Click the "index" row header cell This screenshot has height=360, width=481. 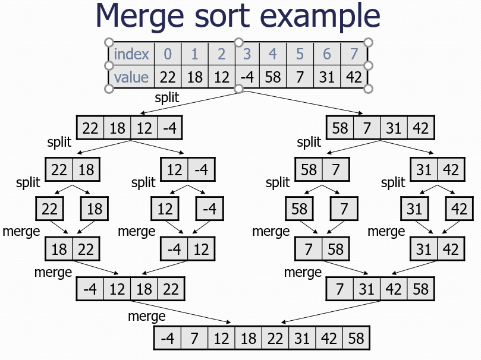point(131,54)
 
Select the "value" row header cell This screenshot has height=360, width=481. point(131,77)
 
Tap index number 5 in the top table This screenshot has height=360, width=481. point(300,54)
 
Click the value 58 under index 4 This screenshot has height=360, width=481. point(272,77)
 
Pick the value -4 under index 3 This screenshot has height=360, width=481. point(246,77)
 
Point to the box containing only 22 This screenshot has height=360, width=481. point(50,209)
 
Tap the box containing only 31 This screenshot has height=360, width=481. point(414,209)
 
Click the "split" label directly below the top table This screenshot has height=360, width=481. point(166,97)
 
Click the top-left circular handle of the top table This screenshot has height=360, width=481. point(109,42)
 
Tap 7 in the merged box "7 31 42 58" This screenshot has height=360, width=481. point(339,289)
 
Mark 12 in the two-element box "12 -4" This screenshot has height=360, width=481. point(174,170)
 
